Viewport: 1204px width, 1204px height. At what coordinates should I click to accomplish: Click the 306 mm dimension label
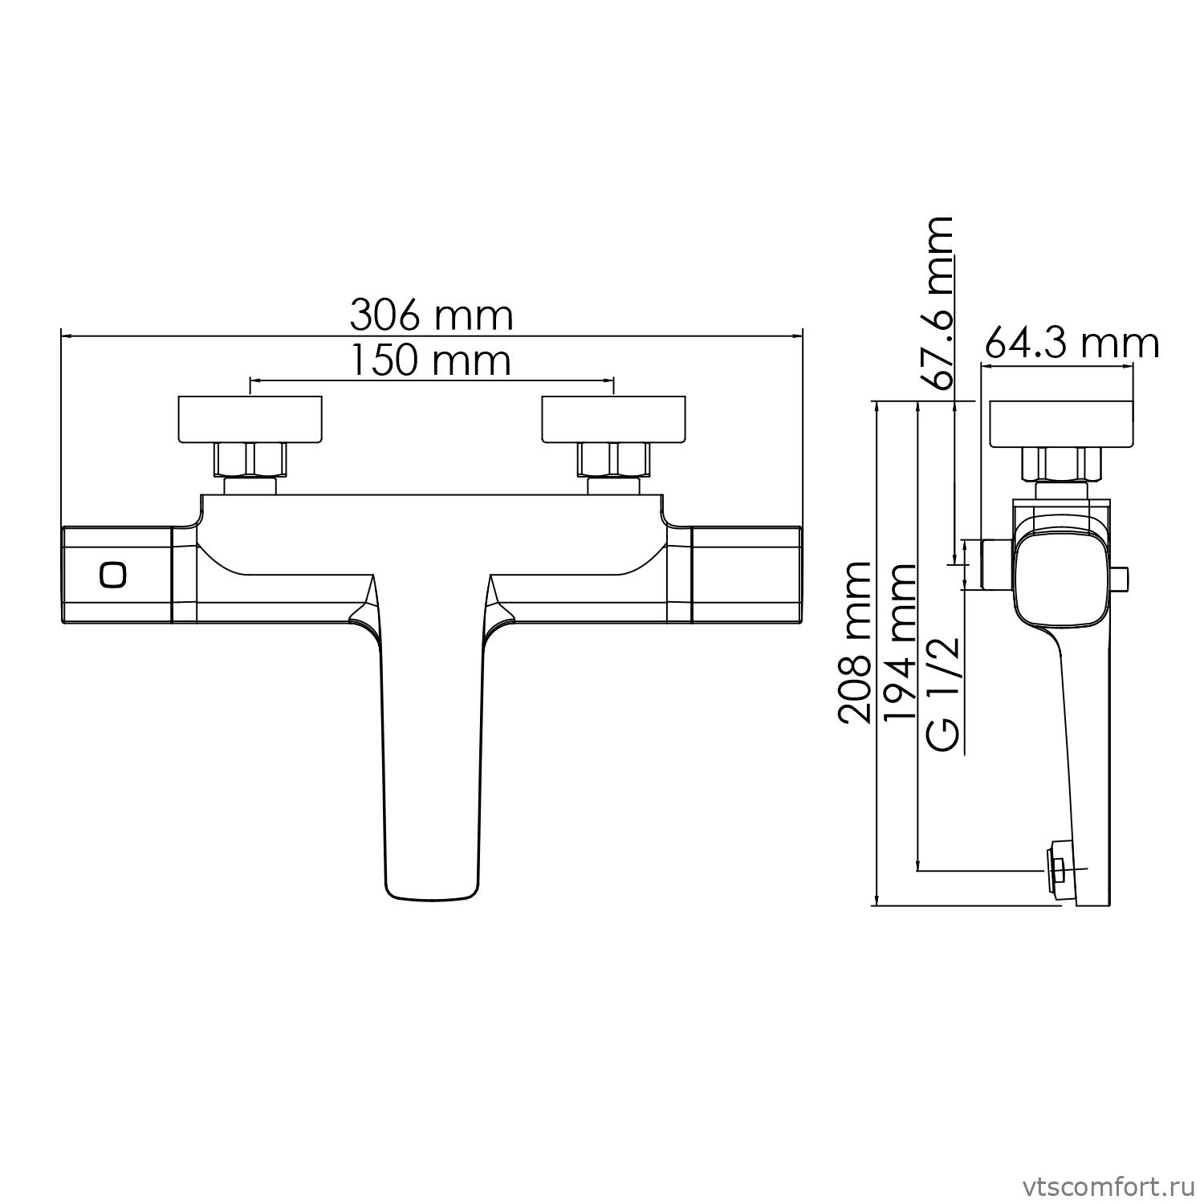pyautogui.click(x=431, y=315)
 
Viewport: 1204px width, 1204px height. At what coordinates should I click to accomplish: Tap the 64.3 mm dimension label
pyautogui.click(x=1072, y=344)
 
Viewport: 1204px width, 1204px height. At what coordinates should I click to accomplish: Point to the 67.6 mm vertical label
pyautogui.click(x=938, y=303)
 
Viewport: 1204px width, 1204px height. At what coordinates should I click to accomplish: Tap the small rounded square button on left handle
pyautogui.click(x=113, y=575)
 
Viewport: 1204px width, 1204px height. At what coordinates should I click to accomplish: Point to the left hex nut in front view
pyautogui.click(x=250, y=460)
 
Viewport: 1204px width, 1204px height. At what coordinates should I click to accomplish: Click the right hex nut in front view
pyautogui.click(x=614, y=460)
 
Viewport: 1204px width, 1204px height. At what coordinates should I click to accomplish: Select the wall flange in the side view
pyautogui.click(x=1062, y=423)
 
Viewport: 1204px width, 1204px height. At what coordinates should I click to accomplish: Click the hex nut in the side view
pyautogui.click(x=1062, y=464)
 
